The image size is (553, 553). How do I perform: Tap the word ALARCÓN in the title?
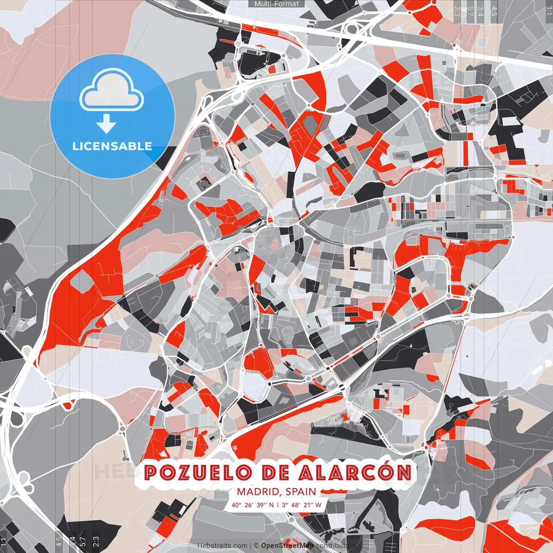(x=355, y=473)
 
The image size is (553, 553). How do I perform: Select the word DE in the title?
(x=276, y=473)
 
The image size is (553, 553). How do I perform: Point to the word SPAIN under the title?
(x=301, y=492)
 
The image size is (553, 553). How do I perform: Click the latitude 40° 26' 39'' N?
(x=252, y=505)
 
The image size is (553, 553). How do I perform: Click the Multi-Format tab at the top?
(x=276, y=4)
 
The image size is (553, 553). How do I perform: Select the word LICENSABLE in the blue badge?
(x=112, y=146)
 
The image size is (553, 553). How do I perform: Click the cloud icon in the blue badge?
(x=112, y=92)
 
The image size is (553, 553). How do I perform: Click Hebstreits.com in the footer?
(x=222, y=546)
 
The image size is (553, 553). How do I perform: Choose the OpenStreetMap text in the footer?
(x=287, y=546)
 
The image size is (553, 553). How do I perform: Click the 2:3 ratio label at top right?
(x=457, y=11)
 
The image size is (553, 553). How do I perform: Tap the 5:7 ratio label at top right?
(x=470, y=11)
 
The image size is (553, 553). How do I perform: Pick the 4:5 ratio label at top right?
(x=494, y=11)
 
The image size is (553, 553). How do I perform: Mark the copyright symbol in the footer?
(x=256, y=546)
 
